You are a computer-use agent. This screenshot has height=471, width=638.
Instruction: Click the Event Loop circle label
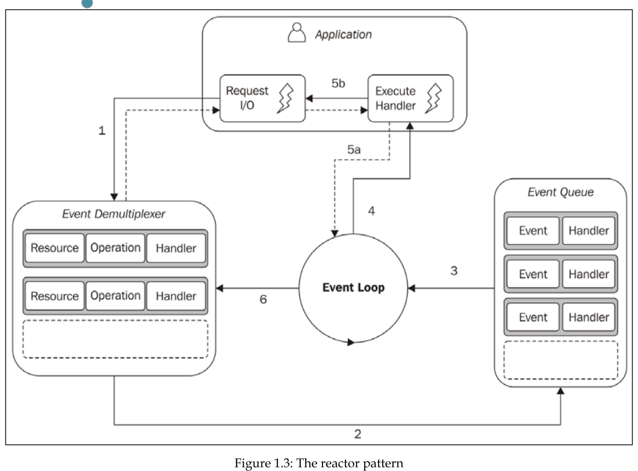pos(353,287)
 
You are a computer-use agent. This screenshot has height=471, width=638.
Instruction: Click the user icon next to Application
pos(296,33)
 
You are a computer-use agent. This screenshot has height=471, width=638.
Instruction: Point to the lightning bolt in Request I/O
pos(286,98)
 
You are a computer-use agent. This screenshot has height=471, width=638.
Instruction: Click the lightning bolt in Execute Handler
pos(433,98)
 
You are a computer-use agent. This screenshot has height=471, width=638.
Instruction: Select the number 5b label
pos(338,83)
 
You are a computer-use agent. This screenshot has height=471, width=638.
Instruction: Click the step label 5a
pos(354,150)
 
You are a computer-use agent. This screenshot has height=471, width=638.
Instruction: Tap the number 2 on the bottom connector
pos(358,434)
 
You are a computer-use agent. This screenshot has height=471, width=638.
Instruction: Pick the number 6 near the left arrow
pos(263,299)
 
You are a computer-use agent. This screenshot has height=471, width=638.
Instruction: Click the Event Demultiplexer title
pos(114,214)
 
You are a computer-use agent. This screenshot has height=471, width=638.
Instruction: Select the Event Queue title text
pos(560,192)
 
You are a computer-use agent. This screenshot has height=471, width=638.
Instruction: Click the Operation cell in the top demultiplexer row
pos(115,248)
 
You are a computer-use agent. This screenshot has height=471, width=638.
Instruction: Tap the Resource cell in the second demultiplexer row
pos(55,296)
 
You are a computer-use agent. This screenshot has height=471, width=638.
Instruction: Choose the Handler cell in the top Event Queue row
pos(588,231)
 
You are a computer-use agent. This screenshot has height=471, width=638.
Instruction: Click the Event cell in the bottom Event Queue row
pos(533,317)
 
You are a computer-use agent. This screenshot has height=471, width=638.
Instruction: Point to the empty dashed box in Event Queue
pos(560,360)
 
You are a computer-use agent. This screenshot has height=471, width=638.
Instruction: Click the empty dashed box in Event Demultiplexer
pos(115,339)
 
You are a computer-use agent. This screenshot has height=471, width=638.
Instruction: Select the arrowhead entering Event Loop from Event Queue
pos(412,288)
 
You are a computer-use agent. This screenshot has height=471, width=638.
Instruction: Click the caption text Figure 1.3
pos(319,463)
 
